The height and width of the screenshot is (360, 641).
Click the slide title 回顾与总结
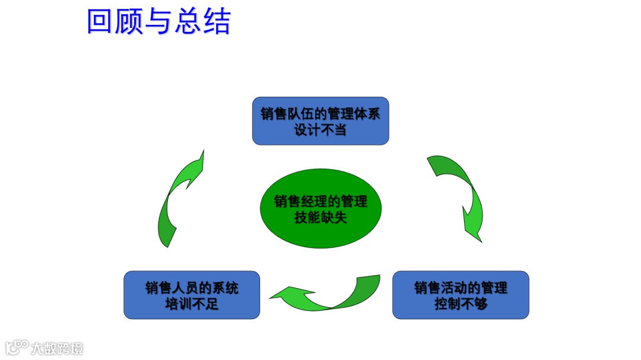(158, 21)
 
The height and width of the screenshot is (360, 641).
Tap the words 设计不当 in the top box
(320, 129)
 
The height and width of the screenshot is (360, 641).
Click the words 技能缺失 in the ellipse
(320, 218)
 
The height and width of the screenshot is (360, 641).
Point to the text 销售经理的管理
(320, 201)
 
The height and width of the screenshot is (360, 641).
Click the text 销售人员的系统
(192, 288)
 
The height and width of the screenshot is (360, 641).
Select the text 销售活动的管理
(461, 288)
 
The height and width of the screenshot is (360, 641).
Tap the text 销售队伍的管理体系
(320, 114)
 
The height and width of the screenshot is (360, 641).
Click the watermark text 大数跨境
(58, 348)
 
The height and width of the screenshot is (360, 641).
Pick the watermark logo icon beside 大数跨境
(17, 347)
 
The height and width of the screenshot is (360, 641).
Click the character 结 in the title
(217, 21)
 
